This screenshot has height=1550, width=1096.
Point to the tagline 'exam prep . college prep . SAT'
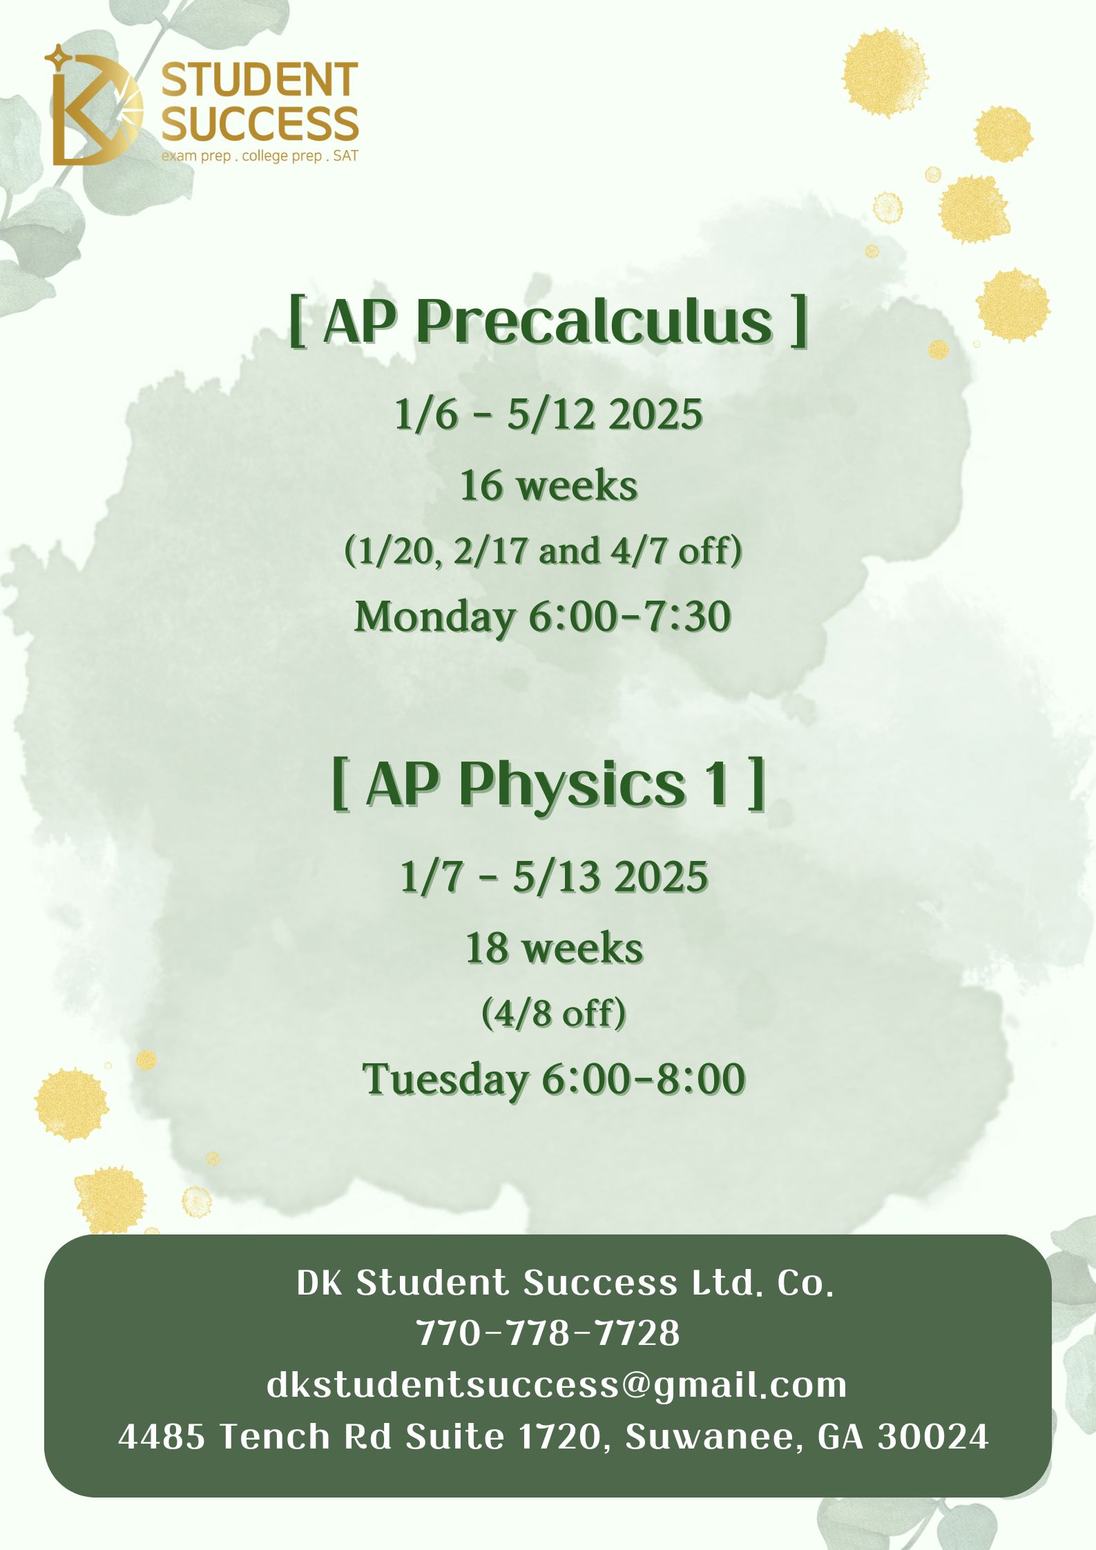[x=260, y=156]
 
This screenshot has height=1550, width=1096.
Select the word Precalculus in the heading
[x=594, y=322]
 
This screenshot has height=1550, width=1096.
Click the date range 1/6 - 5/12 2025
[x=548, y=415]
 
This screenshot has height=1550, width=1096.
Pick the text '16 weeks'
[x=548, y=485]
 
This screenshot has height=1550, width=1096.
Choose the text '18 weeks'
[x=554, y=948]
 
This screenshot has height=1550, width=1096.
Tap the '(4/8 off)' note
[x=554, y=1014]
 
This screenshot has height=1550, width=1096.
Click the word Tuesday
[x=445, y=1079]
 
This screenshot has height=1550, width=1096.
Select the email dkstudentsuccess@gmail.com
[x=557, y=1384]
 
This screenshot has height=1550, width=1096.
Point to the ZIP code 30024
[x=933, y=1437]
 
